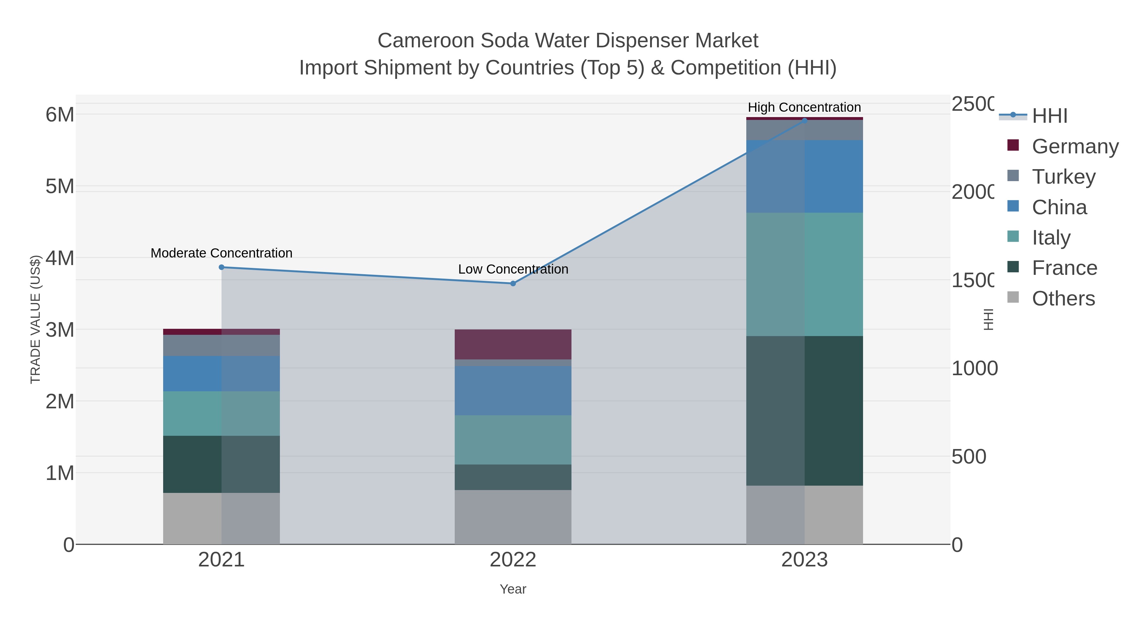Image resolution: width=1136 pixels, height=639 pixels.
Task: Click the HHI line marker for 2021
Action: [x=222, y=267]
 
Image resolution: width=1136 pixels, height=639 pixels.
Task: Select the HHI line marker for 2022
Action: [x=513, y=284]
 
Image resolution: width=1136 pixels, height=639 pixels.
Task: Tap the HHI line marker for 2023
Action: [x=804, y=121]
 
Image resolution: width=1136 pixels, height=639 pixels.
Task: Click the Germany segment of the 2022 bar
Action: [x=513, y=344]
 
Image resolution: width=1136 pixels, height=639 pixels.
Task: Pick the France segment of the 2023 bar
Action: [x=804, y=411]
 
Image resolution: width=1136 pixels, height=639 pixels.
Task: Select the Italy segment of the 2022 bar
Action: [x=513, y=440]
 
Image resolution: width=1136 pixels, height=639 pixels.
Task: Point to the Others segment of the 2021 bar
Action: [x=222, y=518]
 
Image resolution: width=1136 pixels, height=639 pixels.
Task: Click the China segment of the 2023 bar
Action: [x=804, y=176]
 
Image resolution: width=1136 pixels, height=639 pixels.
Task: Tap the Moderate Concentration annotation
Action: [x=222, y=253]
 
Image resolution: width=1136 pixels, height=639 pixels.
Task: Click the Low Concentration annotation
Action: [x=513, y=269]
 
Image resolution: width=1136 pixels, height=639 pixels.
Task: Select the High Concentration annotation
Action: [x=804, y=107]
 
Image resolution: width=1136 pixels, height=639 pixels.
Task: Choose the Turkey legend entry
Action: [x=1063, y=176]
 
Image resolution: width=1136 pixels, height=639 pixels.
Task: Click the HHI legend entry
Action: [x=1049, y=116]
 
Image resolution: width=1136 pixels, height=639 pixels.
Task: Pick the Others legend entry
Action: [x=1063, y=299]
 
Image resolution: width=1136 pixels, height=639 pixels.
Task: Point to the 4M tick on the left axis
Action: [x=60, y=258]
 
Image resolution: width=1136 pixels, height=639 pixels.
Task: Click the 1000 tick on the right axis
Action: [x=974, y=368]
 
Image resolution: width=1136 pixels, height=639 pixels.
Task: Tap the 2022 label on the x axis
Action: [x=513, y=560]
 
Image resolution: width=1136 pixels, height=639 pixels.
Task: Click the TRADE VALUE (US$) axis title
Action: [x=35, y=319]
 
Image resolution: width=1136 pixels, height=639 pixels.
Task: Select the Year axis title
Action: [x=513, y=589]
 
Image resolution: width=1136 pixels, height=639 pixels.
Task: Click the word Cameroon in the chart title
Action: [x=426, y=41]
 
